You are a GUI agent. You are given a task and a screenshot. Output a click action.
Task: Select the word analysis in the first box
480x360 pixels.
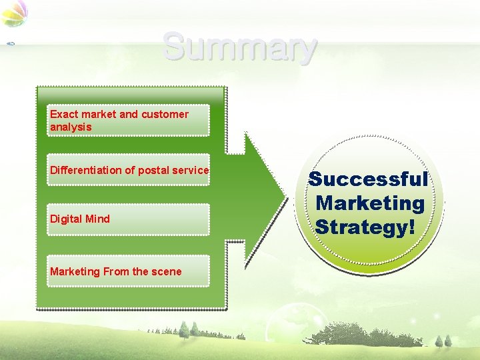coord(71,127)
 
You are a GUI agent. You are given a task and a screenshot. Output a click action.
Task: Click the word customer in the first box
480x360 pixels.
coord(165,114)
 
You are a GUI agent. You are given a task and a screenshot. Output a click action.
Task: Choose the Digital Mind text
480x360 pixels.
coord(80,219)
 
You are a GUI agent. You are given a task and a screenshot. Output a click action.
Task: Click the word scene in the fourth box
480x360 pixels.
coord(167,271)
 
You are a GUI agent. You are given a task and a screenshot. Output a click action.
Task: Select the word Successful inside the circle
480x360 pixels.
coord(368,179)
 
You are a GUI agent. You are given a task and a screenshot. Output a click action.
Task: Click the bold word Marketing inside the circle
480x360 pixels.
coord(370,203)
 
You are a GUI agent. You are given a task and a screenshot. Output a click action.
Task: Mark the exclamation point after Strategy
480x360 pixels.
coord(409,226)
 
